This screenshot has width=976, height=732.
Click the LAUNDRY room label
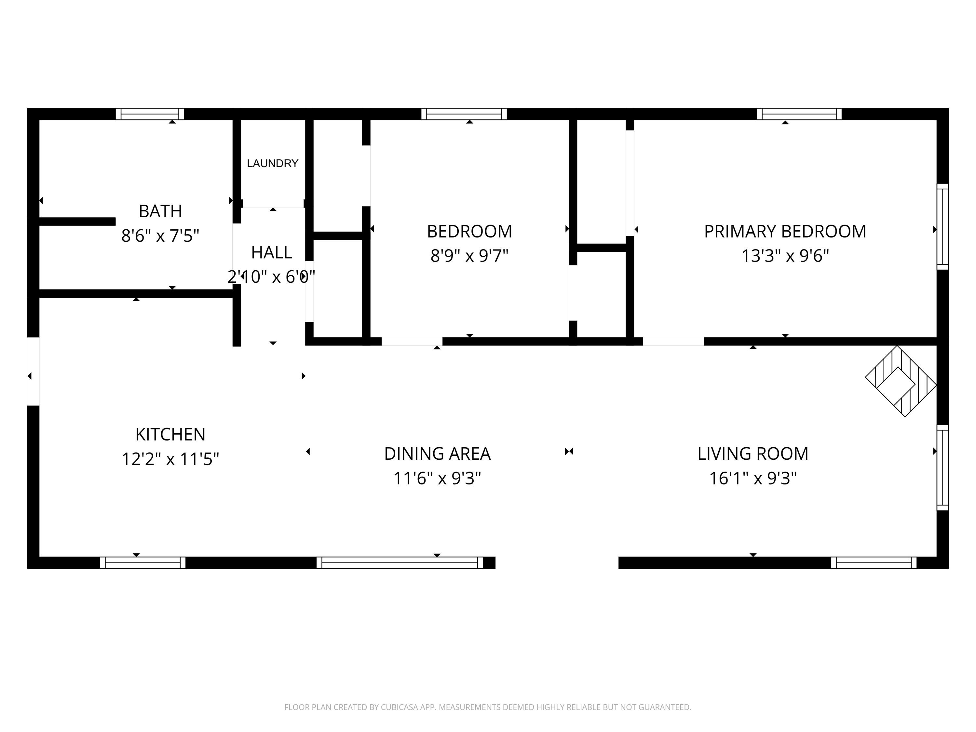pyautogui.click(x=272, y=164)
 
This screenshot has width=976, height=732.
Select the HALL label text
pyautogui.click(x=271, y=253)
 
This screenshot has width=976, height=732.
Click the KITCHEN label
pyautogui.click(x=170, y=435)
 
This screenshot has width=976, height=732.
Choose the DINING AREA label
pyautogui.click(x=437, y=454)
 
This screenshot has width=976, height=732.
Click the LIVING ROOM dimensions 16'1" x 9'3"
pyautogui.click(x=753, y=478)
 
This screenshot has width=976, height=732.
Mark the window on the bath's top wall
pyautogui.click(x=150, y=114)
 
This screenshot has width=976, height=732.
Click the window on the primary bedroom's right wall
pyautogui.click(x=942, y=226)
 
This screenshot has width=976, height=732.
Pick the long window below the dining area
pyautogui.click(x=399, y=563)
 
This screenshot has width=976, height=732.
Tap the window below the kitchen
pyautogui.click(x=142, y=563)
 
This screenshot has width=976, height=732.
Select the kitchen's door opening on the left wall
pyautogui.click(x=34, y=371)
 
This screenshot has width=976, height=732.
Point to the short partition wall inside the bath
pyautogui.click(x=77, y=222)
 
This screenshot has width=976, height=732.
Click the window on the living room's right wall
pyautogui.click(x=942, y=468)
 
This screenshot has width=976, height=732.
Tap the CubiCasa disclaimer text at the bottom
pyautogui.click(x=488, y=707)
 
